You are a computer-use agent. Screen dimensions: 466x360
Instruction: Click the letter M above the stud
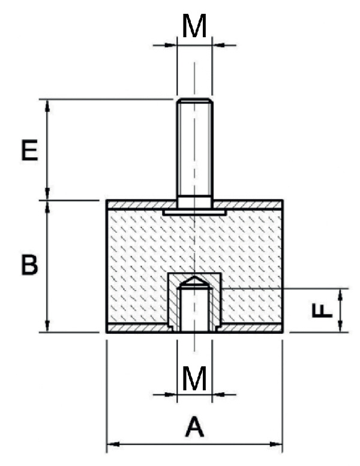(x=194, y=26)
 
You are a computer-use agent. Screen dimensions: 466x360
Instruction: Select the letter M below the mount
(x=194, y=379)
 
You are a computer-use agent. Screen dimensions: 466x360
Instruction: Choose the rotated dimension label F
(x=322, y=310)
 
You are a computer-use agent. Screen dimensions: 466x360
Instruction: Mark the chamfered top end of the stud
(x=194, y=101)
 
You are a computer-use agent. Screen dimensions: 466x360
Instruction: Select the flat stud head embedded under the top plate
(x=194, y=213)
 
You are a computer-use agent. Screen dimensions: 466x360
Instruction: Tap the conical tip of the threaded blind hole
(x=194, y=281)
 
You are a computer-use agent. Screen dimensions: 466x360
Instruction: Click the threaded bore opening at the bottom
(x=194, y=327)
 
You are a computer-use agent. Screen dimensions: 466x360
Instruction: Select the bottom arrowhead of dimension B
(x=48, y=327)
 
